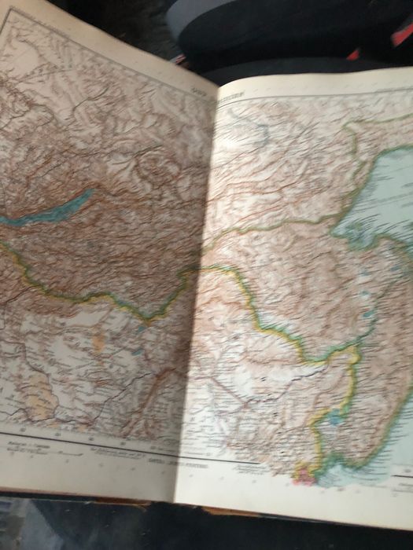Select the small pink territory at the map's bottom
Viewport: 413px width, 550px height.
coord(303,473)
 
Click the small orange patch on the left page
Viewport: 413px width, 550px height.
coord(98,343)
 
